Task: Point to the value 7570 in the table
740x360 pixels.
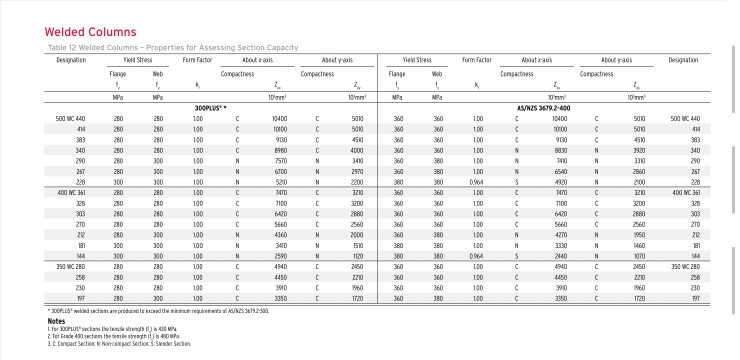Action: (280, 160)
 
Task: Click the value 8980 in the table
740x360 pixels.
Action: (280, 150)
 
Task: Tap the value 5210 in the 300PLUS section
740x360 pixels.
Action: (280, 181)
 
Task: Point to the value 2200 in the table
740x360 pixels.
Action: (357, 181)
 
